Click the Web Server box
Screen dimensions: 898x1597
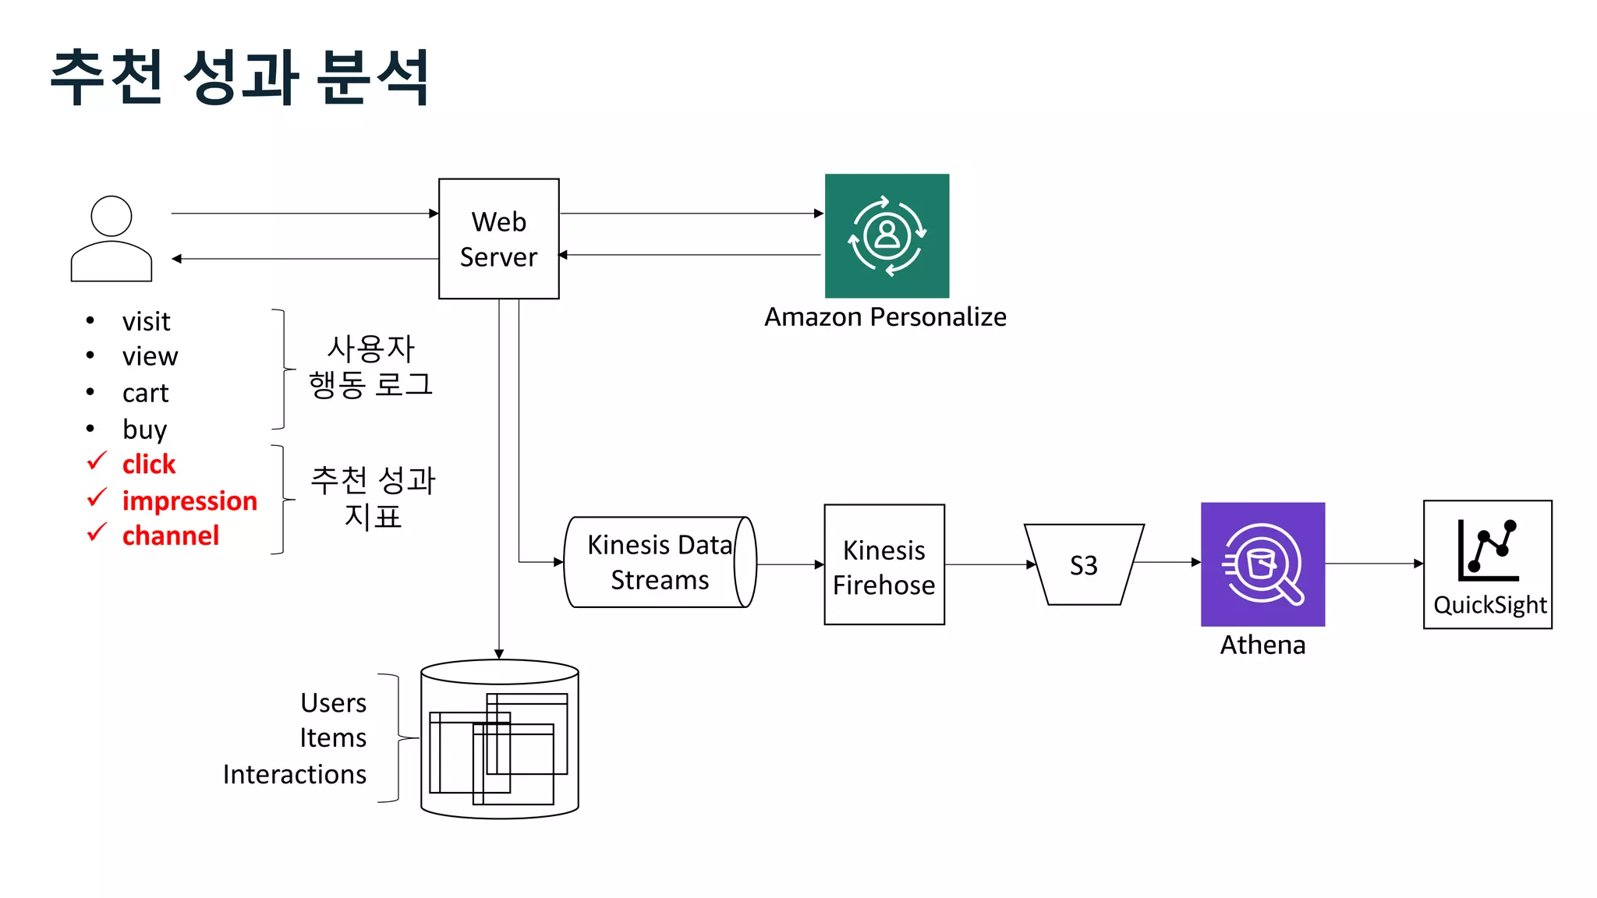pos(498,239)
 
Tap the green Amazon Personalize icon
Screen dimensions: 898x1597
pos(887,235)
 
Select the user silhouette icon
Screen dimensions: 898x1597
pos(112,239)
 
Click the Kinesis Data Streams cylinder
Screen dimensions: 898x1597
pos(659,562)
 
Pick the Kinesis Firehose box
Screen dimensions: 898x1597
pos(883,564)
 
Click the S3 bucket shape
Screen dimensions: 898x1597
pos(1083,564)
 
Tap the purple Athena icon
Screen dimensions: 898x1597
pos(1262,564)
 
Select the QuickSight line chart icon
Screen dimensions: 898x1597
pos(1488,550)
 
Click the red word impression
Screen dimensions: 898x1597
pos(189,500)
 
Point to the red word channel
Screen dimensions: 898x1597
pos(170,536)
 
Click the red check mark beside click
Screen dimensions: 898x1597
pos(97,461)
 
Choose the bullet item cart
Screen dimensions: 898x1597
pos(145,393)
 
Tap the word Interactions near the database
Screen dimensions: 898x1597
pos(294,774)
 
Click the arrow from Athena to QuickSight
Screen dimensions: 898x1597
pos(1374,563)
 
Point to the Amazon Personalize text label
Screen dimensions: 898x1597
pos(885,317)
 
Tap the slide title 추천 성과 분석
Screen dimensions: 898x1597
pos(239,76)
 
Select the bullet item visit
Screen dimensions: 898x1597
pos(146,321)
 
